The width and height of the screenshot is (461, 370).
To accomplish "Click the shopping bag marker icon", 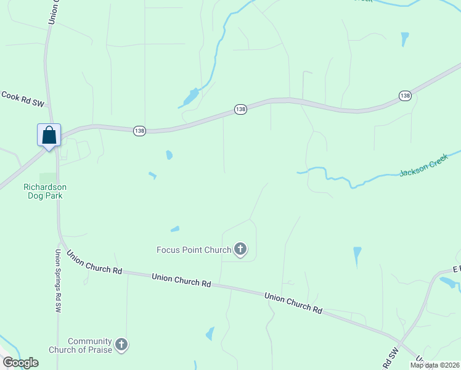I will click(49, 135).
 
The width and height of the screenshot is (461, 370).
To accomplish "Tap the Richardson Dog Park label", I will click(44, 191).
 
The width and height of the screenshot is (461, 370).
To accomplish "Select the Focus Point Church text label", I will click(193, 250).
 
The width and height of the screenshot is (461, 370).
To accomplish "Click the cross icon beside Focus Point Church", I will click(240, 249).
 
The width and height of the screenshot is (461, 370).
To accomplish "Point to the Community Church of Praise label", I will click(89, 345).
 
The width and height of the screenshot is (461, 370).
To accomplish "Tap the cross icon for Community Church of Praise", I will click(121, 345).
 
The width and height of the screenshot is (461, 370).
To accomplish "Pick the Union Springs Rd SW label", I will click(59, 275).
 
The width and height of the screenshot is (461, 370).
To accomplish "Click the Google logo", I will click(20, 363).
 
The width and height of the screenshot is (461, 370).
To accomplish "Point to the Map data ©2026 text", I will click(434, 365).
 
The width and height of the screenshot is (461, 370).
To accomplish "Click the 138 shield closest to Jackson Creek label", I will click(404, 96).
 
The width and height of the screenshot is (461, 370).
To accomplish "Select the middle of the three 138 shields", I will click(240, 109).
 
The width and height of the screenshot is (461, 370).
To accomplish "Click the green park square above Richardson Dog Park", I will click(47, 178).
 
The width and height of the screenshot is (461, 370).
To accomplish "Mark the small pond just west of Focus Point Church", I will click(175, 229).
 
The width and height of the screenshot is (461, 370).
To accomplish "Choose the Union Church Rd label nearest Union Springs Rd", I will click(94, 262).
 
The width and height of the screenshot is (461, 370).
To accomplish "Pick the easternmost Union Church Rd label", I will click(293, 303).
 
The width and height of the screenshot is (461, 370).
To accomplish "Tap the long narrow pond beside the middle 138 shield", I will click(190, 97).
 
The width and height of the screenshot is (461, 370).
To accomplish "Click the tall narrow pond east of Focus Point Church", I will click(357, 255).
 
